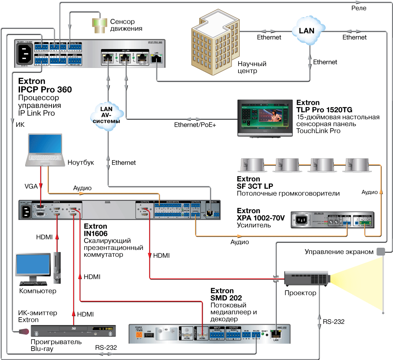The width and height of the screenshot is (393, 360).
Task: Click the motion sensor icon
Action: (x=99, y=25)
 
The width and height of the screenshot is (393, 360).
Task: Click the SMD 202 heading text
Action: (x=226, y=298)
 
